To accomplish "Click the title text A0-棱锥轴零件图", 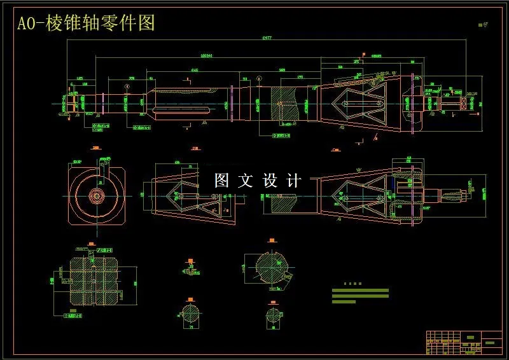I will pyautogui.click(x=86, y=24).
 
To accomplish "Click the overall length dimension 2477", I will pyautogui.click(x=267, y=39).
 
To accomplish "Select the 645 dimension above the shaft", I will pyautogui.click(x=195, y=70).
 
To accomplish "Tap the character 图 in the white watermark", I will pyautogui.click(x=221, y=181).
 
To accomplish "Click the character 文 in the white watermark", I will pyautogui.click(x=246, y=181).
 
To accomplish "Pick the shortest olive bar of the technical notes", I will pyautogui.click(x=344, y=301).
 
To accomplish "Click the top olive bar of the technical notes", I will pyautogui.click(x=360, y=290).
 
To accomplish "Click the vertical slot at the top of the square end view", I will pyautogui.click(x=99, y=170).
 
